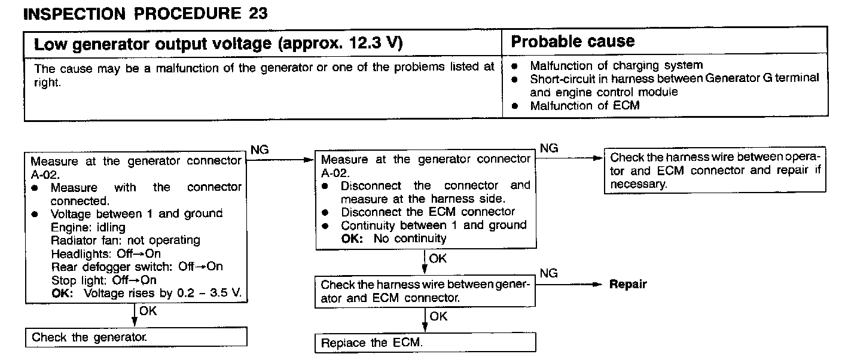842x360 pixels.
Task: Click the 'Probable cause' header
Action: coord(572,41)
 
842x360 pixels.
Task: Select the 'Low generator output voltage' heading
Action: coord(218,44)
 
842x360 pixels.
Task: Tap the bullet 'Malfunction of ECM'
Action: coord(584,106)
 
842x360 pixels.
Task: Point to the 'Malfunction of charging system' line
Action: coord(616,65)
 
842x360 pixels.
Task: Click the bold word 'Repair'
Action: coord(627,285)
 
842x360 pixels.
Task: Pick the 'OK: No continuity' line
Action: coord(393,239)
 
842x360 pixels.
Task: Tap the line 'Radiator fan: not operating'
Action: coord(126,240)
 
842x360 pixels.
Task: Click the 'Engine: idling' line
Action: coord(89,227)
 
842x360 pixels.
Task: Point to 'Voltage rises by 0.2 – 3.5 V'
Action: coord(165,293)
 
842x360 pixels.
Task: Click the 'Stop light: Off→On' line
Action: coord(104,280)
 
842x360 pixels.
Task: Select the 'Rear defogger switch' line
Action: coord(137,267)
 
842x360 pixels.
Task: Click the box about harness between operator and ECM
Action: coord(715,170)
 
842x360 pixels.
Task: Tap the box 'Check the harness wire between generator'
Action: coord(425,291)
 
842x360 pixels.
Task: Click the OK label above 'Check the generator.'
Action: coord(147,311)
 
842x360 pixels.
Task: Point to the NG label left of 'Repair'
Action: coord(548,273)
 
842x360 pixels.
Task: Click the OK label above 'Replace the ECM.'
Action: coord(438,316)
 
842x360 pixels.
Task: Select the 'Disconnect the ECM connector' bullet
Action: coord(428,212)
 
